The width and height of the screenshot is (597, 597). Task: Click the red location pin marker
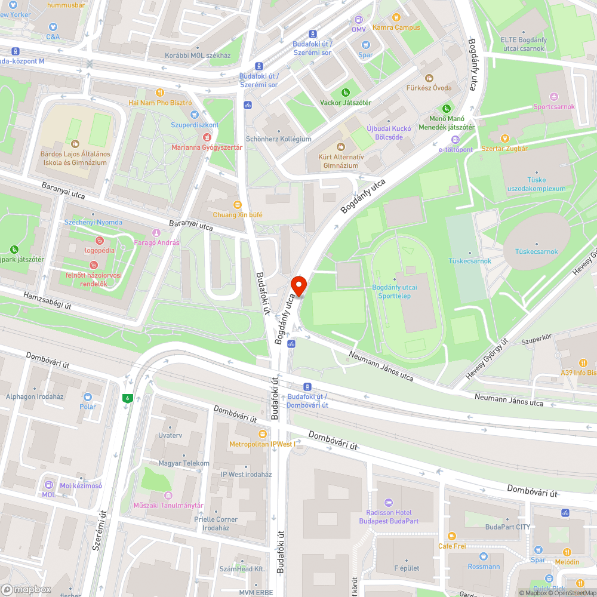[x=298, y=285]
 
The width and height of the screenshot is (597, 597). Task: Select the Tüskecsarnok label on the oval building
[x=536, y=251]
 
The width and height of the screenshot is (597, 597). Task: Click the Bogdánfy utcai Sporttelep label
[x=394, y=291]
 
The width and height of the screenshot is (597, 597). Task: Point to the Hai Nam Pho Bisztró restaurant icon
[x=159, y=93]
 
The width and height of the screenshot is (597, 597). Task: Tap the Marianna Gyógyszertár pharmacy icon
[x=207, y=137]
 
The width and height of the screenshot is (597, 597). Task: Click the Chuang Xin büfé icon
[x=238, y=204]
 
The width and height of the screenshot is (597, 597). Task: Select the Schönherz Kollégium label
[x=279, y=139]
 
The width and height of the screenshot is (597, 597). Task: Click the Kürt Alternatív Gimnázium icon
[x=341, y=147]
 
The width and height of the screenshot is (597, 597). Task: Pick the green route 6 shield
[x=127, y=398]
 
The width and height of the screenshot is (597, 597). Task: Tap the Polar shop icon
[x=88, y=397]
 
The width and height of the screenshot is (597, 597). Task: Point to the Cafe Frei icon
[x=451, y=536]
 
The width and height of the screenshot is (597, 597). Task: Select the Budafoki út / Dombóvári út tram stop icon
[x=307, y=387]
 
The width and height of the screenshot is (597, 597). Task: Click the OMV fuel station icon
[x=358, y=20]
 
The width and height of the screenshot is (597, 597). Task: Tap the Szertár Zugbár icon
[x=505, y=139]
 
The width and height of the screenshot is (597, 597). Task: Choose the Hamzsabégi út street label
[x=47, y=300]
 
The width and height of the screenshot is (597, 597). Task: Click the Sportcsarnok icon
[x=553, y=97]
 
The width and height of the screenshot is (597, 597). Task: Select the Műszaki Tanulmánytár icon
[x=168, y=496]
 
